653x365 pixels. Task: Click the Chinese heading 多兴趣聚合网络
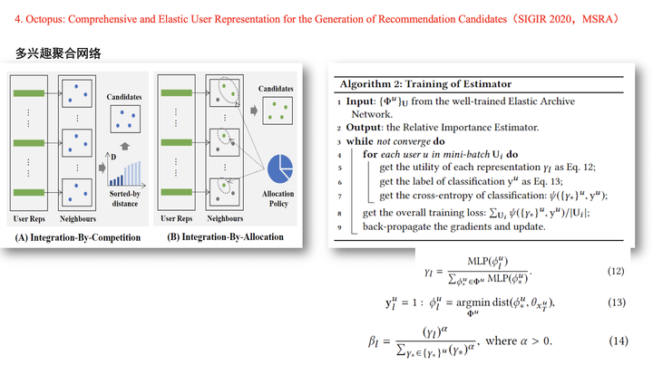(58, 53)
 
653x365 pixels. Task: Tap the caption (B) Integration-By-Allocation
(225, 237)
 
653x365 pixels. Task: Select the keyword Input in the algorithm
(362, 102)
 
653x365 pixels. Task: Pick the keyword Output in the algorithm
(365, 128)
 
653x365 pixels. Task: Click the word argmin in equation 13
(470, 303)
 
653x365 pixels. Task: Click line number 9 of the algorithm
(336, 226)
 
